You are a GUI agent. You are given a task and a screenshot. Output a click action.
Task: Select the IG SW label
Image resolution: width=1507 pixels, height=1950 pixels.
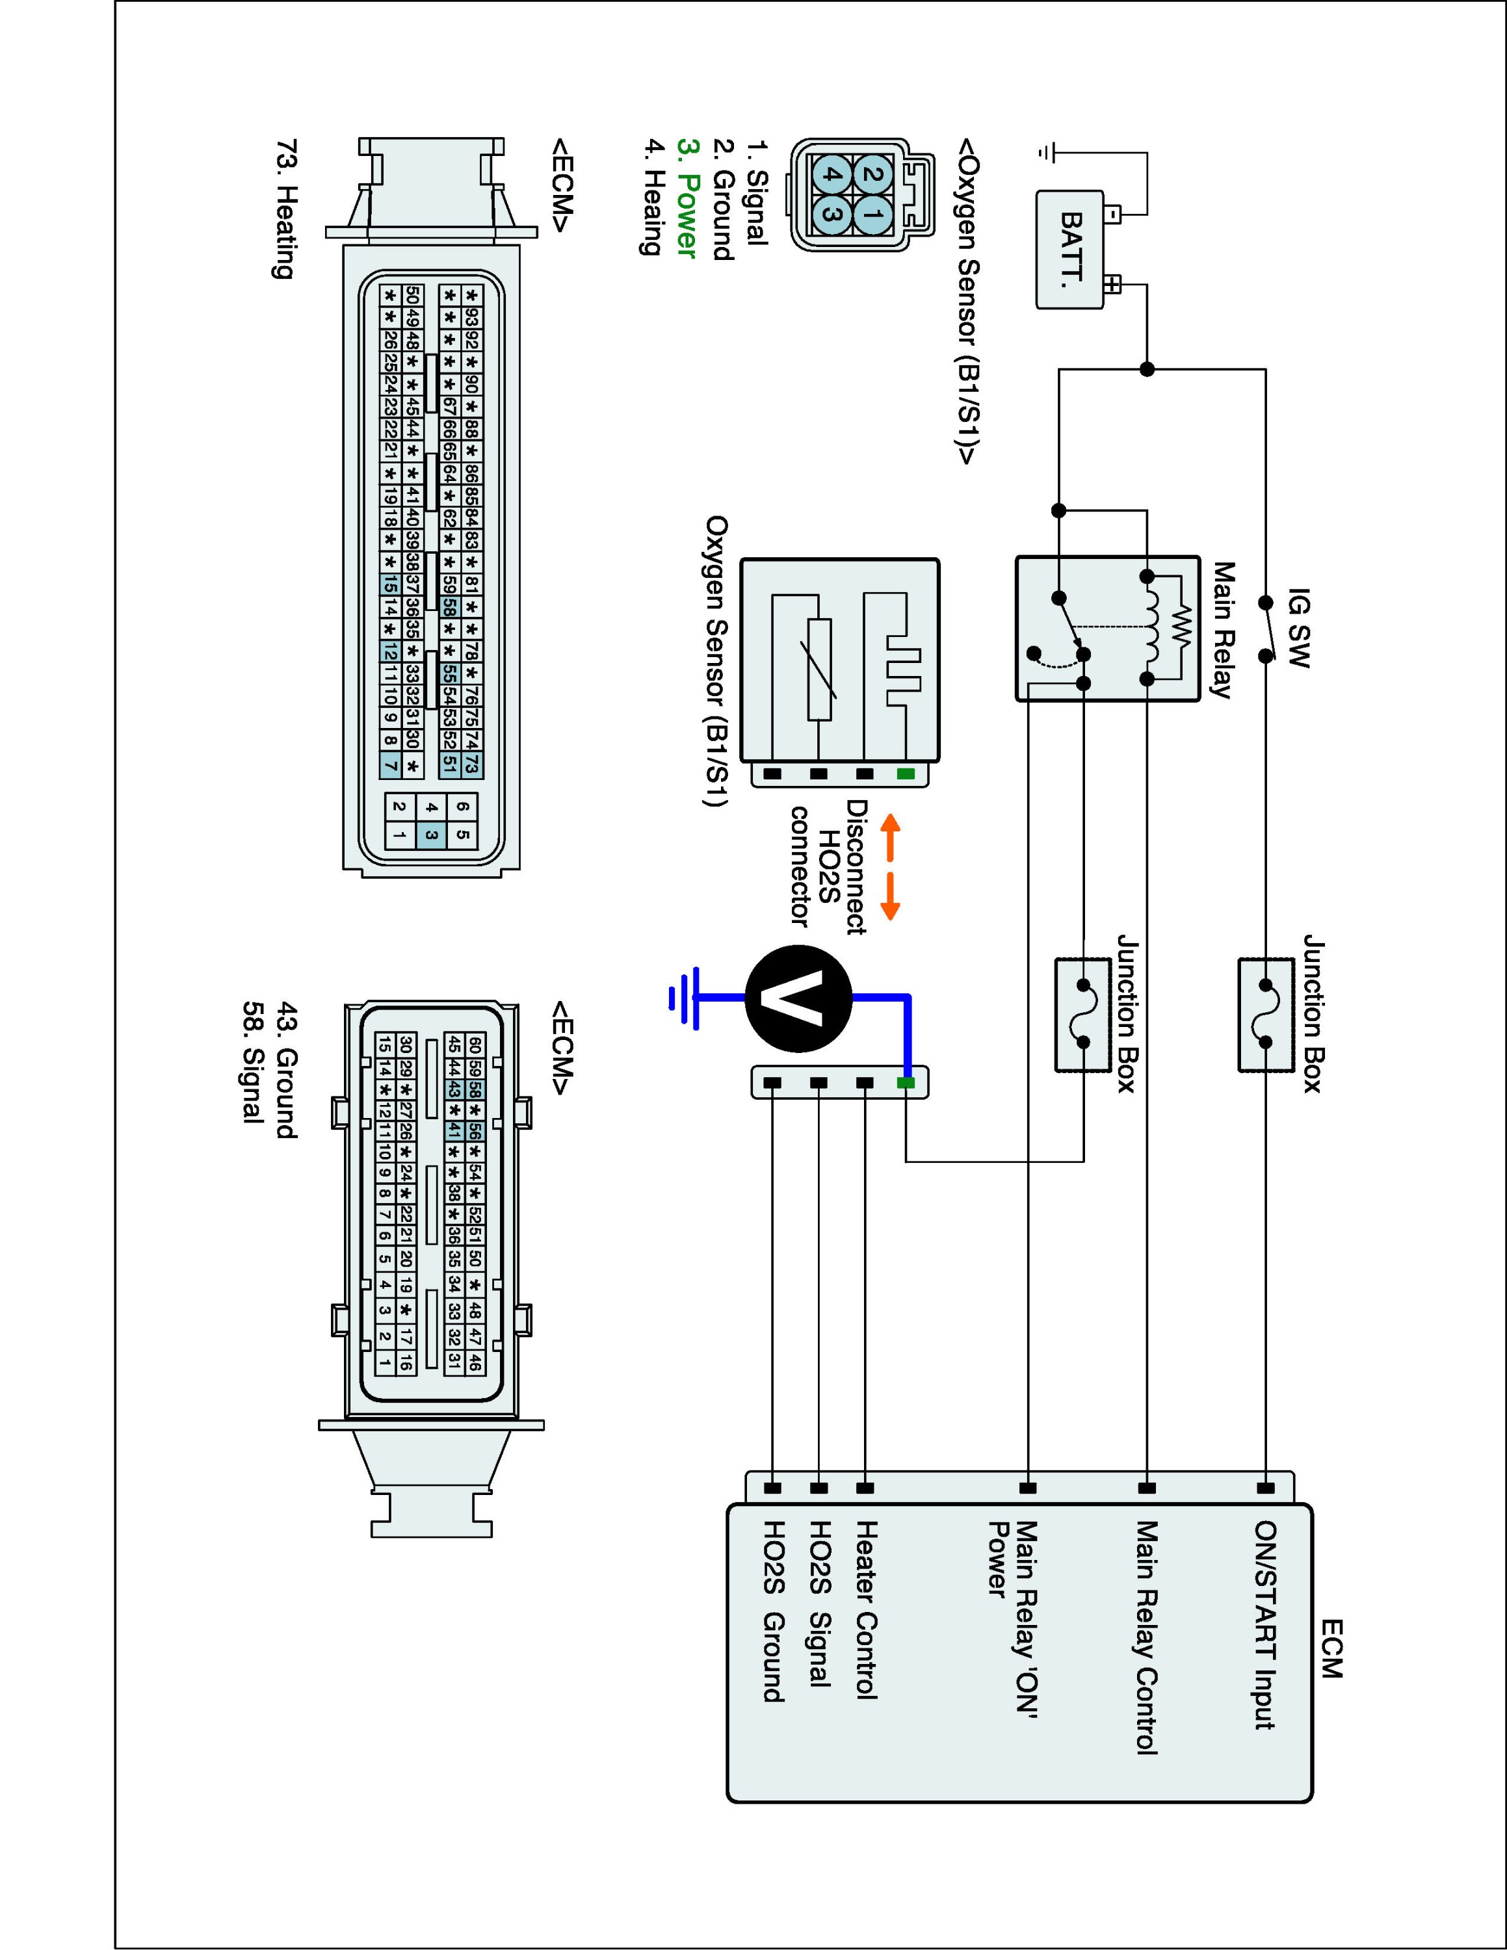pyautogui.click(x=1300, y=628)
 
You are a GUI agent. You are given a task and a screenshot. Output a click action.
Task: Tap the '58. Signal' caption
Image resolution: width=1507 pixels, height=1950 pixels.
pyautogui.click(x=254, y=1061)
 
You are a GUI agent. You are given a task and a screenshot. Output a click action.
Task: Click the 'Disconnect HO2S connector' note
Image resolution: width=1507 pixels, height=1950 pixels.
pyautogui.click(x=830, y=866)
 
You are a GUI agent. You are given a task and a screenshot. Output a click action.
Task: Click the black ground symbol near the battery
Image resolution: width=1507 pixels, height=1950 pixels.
pyautogui.click(x=1045, y=153)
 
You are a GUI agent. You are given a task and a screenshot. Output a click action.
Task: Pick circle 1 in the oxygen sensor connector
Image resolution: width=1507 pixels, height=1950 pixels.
pyautogui.click(x=872, y=214)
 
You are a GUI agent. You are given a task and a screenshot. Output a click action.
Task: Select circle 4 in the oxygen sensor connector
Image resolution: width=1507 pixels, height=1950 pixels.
pyautogui.click(x=830, y=174)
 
